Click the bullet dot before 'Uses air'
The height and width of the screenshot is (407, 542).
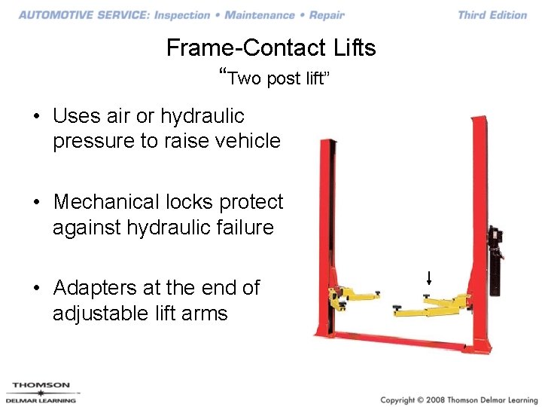pos(36,117)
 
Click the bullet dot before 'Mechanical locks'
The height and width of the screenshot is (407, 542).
pos(36,203)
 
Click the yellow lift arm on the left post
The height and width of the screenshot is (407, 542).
pos(358,294)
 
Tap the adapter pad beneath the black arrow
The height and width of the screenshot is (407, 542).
pos(427,295)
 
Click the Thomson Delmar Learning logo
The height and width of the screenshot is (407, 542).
pos(41,393)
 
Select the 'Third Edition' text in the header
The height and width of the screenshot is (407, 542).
pos(492,15)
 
